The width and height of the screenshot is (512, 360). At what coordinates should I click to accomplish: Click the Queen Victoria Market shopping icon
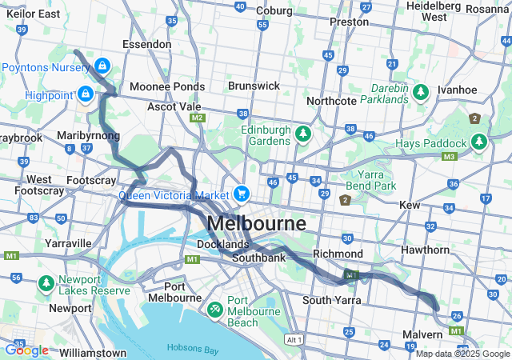[x=241, y=194]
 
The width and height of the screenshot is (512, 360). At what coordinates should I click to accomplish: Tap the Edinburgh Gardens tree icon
[x=302, y=133]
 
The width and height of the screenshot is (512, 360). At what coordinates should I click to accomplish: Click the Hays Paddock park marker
[x=478, y=142]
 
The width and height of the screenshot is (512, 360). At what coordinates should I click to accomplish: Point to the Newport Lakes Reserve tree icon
[x=47, y=284]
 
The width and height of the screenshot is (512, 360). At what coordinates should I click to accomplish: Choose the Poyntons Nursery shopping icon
[x=102, y=65]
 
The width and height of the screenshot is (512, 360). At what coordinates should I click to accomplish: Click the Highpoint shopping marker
[x=84, y=96]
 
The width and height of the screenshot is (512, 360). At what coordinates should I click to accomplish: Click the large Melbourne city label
[x=255, y=222]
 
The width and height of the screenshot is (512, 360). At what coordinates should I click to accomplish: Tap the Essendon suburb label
[x=146, y=44]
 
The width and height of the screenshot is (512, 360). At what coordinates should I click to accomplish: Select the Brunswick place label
[x=254, y=85]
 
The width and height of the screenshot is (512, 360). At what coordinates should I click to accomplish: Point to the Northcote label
[x=331, y=102]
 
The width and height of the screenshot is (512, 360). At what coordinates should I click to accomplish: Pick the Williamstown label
[x=93, y=352]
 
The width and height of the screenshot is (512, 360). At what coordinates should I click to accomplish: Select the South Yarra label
[x=332, y=300]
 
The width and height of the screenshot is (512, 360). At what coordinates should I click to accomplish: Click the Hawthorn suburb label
[x=448, y=250]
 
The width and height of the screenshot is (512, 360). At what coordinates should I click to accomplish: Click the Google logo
[x=26, y=350]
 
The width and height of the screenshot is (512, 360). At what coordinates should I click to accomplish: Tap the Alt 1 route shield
[x=294, y=340]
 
